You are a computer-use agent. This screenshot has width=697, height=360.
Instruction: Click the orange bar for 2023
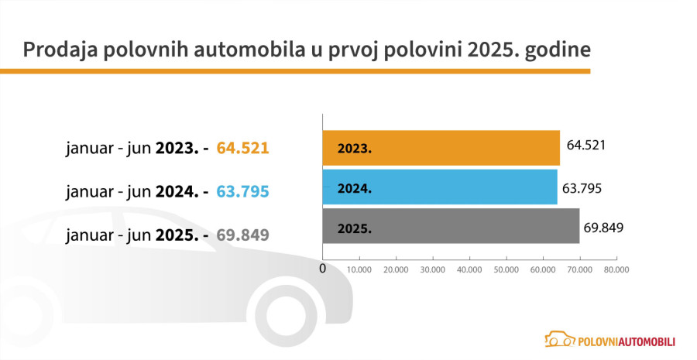(441, 148)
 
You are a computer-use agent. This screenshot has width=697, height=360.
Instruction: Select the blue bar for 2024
(439, 187)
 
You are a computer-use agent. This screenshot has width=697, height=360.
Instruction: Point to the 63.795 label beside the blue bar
(582, 187)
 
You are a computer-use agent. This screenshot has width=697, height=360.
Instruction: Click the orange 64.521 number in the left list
(242, 147)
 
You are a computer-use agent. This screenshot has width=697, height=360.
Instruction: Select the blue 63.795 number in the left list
(242, 190)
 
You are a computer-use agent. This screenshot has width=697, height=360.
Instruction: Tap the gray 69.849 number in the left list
(242, 232)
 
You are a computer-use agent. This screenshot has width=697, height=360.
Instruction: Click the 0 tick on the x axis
(322, 269)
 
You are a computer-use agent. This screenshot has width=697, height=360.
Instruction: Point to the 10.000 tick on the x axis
(359, 270)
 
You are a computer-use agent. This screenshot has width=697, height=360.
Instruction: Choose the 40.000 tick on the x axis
(469, 270)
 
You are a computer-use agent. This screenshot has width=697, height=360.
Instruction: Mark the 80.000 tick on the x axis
(616, 270)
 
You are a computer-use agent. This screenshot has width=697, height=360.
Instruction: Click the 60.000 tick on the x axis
(543, 270)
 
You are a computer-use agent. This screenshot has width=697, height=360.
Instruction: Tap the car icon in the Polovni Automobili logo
(559, 339)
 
